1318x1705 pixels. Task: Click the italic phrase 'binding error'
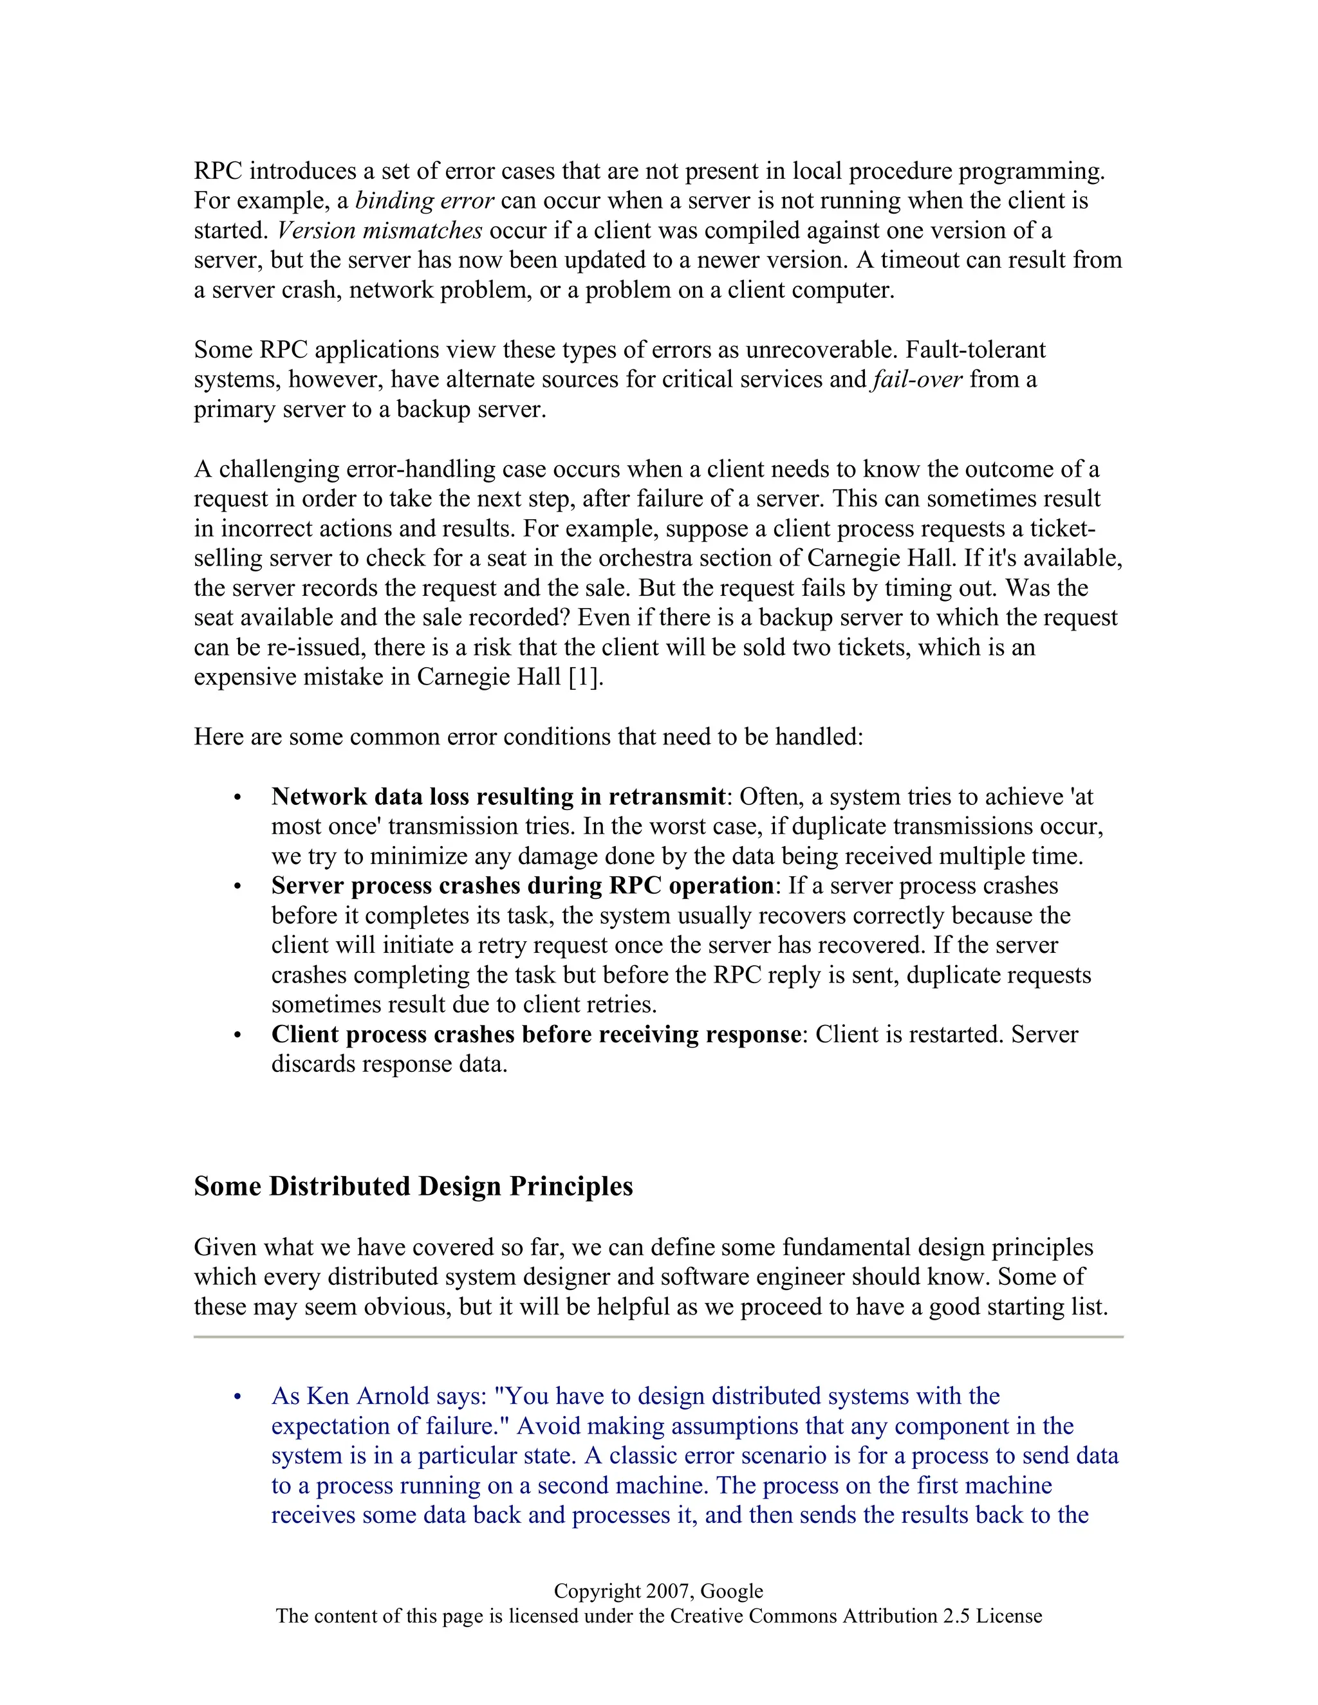tap(424, 201)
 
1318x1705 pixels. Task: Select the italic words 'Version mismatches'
tap(380, 230)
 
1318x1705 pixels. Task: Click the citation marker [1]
tap(585, 677)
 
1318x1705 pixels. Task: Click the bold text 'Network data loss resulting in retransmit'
tap(498, 797)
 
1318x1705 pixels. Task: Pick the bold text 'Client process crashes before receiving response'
tap(535, 1035)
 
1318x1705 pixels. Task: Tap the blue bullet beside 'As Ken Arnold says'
tap(237, 1397)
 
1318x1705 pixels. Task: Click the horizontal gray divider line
tap(658, 1336)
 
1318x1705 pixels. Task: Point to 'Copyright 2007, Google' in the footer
tap(658, 1590)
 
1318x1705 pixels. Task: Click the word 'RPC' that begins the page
tap(218, 171)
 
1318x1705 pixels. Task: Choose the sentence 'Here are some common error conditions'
tap(528, 737)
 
